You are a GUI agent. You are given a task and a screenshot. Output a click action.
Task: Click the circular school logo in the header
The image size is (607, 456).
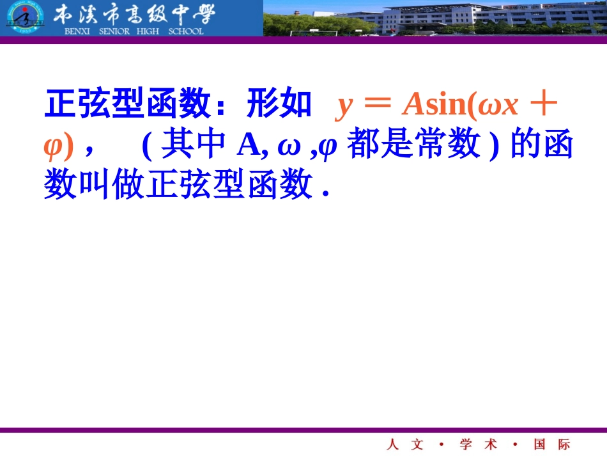click(22, 19)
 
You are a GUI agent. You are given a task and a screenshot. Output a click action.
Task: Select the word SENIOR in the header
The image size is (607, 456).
click(114, 31)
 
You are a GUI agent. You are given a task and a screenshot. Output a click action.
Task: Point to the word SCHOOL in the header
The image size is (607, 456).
click(185, 31)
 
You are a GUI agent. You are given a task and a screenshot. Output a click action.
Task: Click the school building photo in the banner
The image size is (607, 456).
click(434, 18)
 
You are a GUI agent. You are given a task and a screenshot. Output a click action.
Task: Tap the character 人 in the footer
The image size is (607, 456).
click(392, 444)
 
